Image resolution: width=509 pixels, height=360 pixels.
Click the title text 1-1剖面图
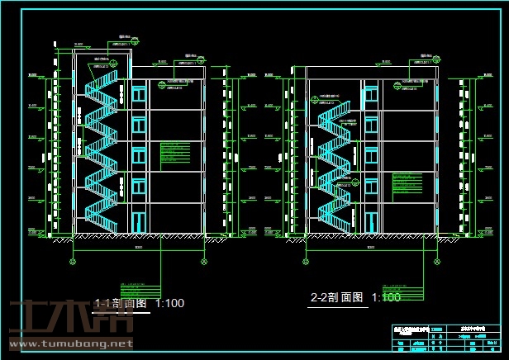pyautogui.click(x=121, y=303)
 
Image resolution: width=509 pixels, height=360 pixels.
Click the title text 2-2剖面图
pyautogui.click(x=336, y=297)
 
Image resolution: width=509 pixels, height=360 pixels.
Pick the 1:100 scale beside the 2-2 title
pyautogui.click(x=386, y=297)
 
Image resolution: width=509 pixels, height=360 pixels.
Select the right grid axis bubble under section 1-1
pyautogui.click(x=204, y=261)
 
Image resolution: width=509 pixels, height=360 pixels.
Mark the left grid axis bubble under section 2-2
pyautogui.click(x=307, y=261)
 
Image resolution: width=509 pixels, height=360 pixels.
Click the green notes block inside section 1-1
pyautogui.click(x=174, y=152)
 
